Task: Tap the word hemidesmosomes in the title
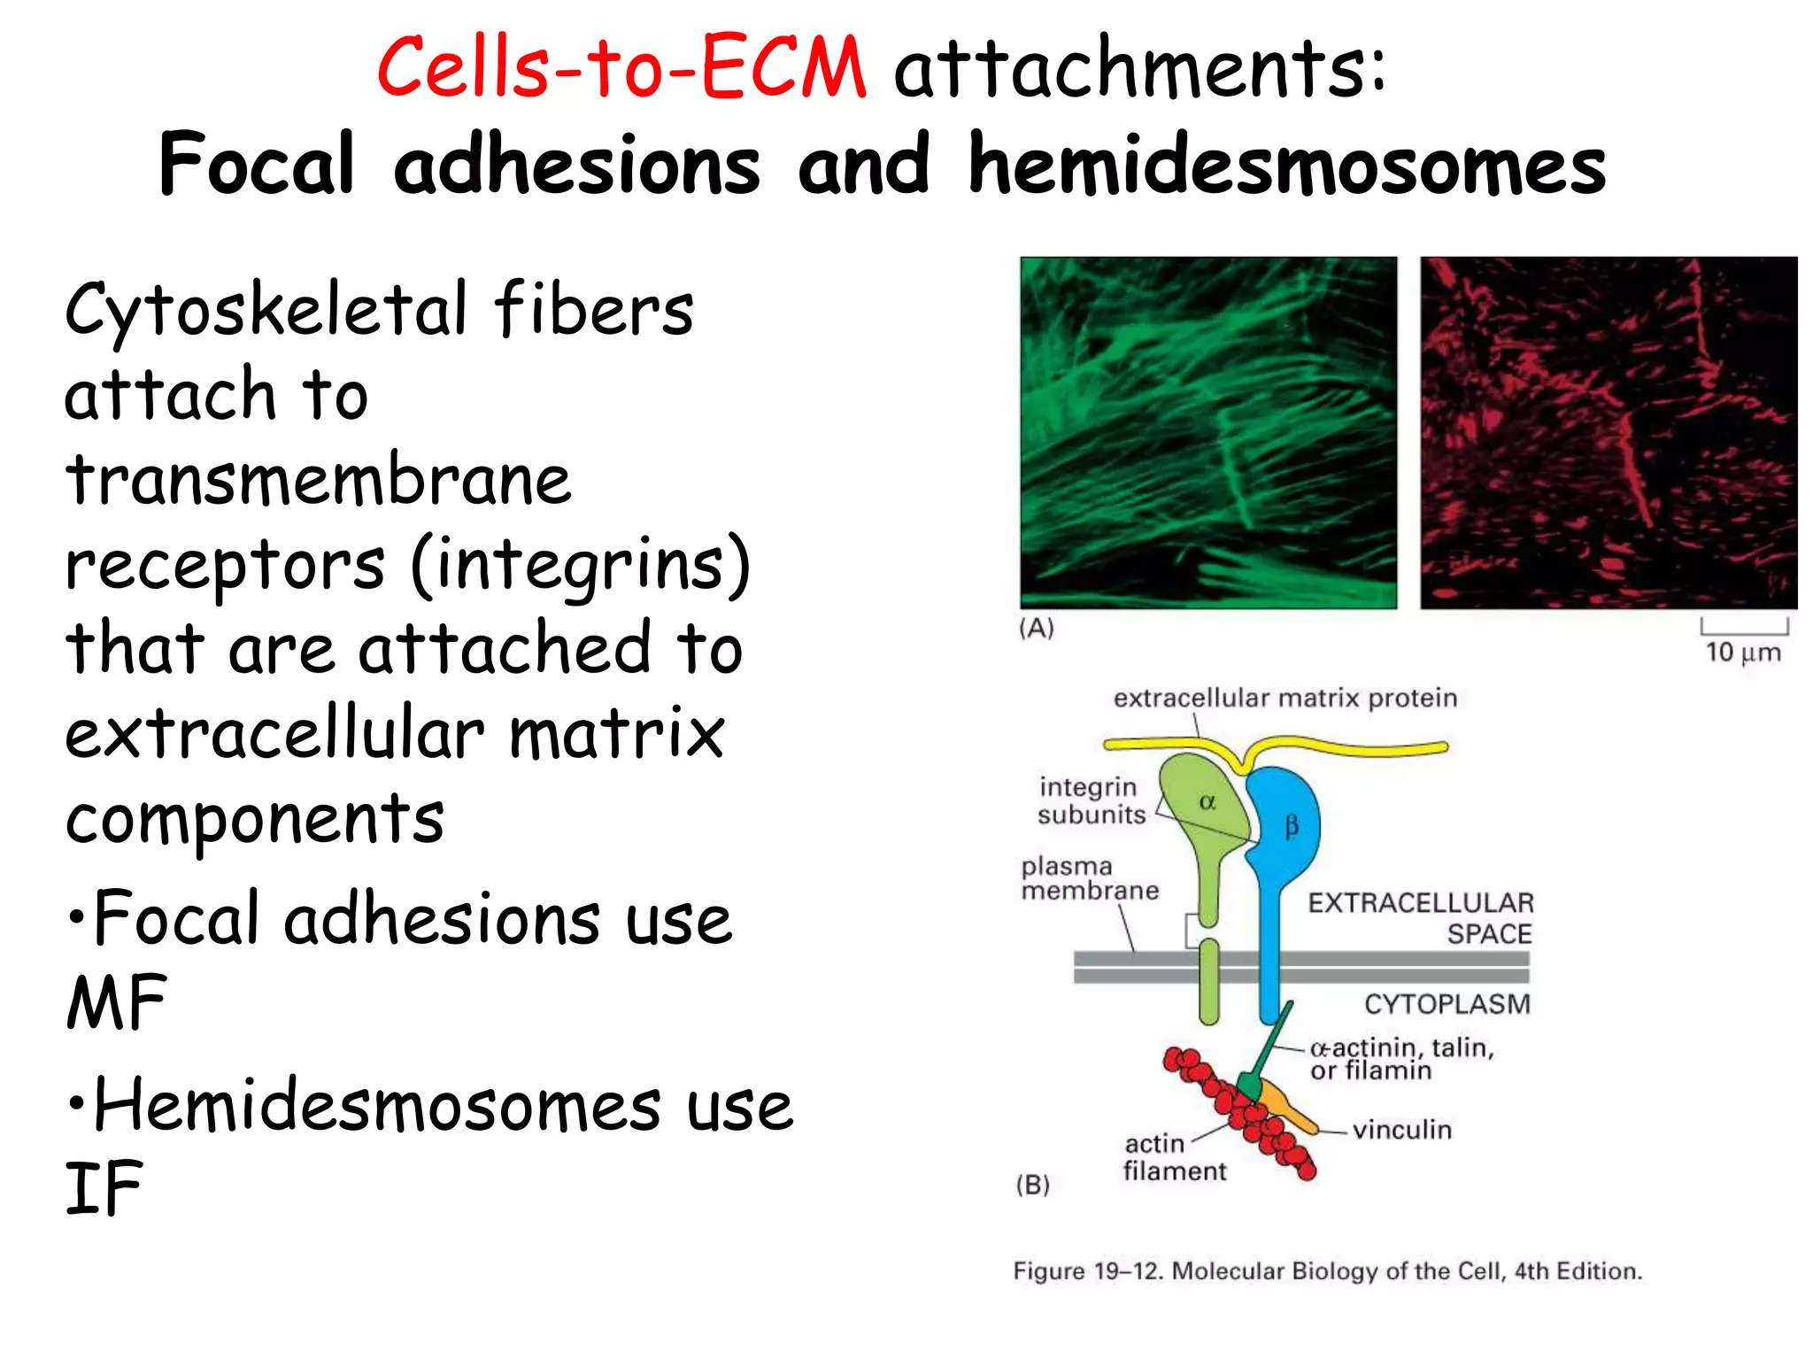[1286, 165]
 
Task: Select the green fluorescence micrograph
[1208, 432]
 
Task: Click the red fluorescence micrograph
[1609, 432]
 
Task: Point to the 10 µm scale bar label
[1742, 653]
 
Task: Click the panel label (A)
[1037, 629]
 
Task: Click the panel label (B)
[1033, 1185]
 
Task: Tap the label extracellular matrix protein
[1285, 699]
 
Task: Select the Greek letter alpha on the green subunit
[1207, 803]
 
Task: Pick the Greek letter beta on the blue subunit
[1292, 827]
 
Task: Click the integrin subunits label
[1091, 800]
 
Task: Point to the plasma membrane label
[1089, 878]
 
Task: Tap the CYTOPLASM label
[1447, 1004]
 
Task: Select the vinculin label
[1402, 1130]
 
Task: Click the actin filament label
[1174, 1157]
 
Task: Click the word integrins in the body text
[582, 565]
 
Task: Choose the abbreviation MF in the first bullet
[117, 1002]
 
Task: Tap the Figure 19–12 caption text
[1327, 1271]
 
